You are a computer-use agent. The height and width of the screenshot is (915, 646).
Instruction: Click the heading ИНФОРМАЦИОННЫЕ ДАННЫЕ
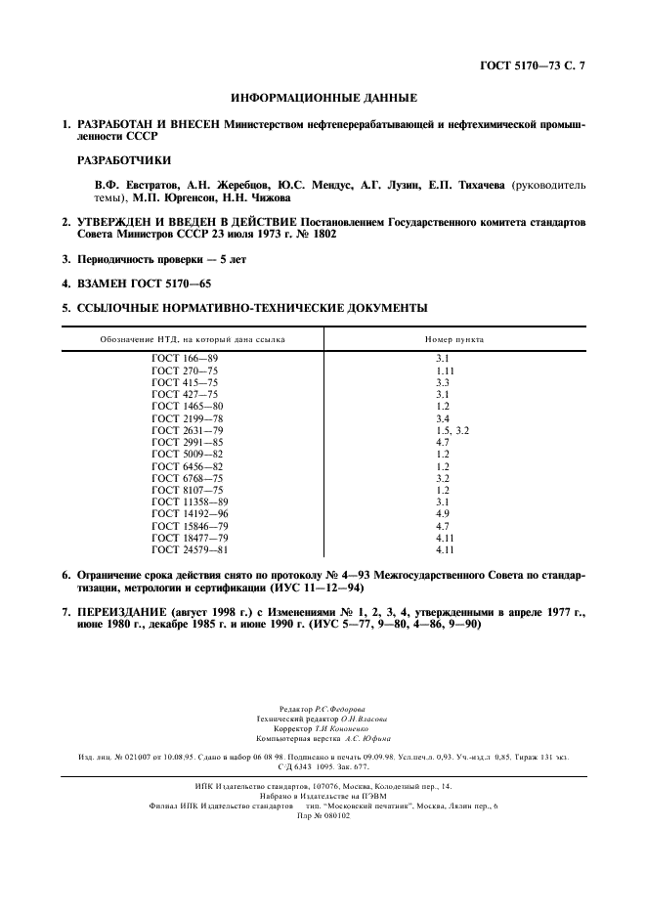click(323, 99)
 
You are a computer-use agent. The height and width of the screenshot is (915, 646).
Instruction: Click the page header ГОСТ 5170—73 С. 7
click(538, 65)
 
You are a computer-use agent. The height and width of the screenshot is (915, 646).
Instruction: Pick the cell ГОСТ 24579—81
click(190, 549)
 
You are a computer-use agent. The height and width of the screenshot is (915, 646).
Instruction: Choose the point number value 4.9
click(443, 514)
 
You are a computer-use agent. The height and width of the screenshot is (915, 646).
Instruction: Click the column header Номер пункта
click(453, 339)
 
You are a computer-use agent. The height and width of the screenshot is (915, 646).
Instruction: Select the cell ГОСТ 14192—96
click(190, 514)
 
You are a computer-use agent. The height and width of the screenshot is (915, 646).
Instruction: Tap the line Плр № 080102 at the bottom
click(322, 814)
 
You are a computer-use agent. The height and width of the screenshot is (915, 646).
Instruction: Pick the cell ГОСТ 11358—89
click(190, 502)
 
